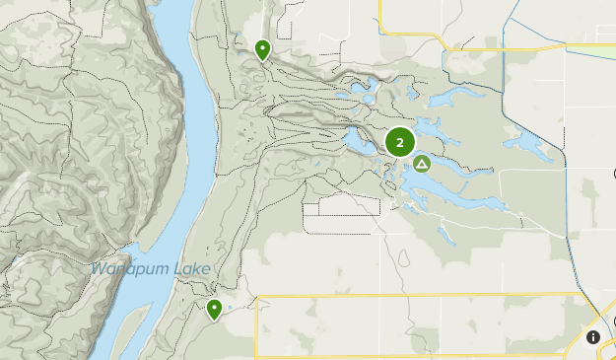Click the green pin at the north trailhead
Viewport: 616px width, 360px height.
pyautogui.click(x=263, y=49)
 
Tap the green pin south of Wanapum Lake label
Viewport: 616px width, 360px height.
pyautogui.click(x=214, y=310)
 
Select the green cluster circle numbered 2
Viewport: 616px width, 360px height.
pyautogui.click(x=399, y=143)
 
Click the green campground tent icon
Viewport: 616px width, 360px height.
pyautogui.click(x=422, y=164)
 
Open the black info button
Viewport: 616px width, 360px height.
pyautogui.click(x=593, y=337)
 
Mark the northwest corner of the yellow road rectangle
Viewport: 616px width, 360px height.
pyautogui.click(x=256, y=296)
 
